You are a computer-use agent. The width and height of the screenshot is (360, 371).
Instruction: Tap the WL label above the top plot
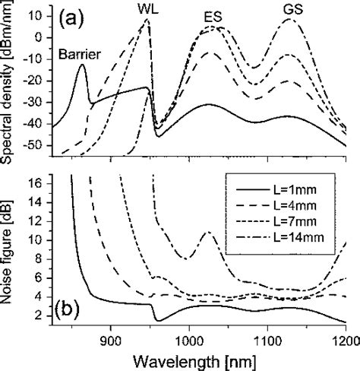click(149, 7)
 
